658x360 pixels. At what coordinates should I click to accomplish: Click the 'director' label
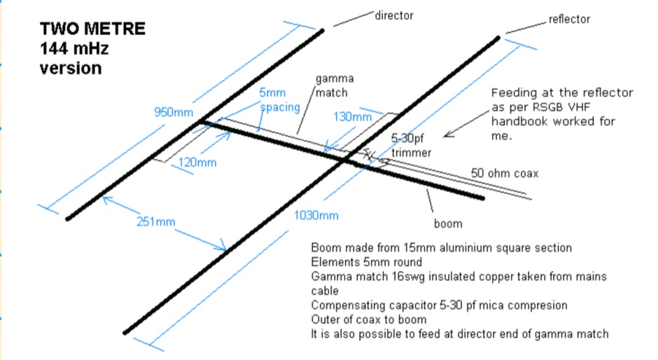point(394,15)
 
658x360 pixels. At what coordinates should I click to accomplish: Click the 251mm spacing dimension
point(155,222)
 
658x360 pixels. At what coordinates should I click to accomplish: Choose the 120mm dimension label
point(197,162)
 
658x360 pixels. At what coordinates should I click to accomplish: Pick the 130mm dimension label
point(353,117)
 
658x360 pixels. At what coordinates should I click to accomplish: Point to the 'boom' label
point(448,223)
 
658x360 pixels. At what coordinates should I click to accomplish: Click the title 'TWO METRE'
point(92,29)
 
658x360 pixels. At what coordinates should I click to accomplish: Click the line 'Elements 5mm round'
point(365,263)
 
